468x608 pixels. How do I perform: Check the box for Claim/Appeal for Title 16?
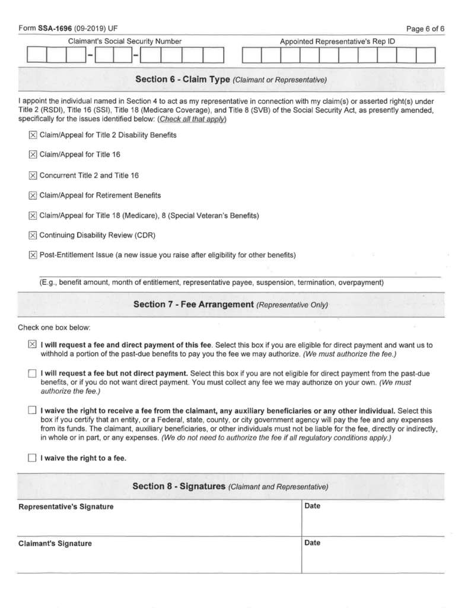(x=33, y=155)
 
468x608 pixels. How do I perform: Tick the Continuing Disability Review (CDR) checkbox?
(x=33, y=235)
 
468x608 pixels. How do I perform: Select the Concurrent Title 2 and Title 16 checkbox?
(x=33, y=175)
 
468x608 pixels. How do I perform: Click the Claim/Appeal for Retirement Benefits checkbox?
(x=33, y=195)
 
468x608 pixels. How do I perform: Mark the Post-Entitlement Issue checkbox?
(x=33, y=255)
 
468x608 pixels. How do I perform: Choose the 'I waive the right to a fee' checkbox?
(x=32, y=458)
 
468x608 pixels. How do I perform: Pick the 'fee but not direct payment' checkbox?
(x=32, y=373)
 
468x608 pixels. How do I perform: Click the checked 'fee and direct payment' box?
(x=32, y=345)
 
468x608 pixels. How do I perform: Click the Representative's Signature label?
(x=66, y=507)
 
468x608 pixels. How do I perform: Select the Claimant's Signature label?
(x=55, y=543)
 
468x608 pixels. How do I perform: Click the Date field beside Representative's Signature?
(x=372, y=520)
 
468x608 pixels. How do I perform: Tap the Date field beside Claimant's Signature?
(x=372, y=557)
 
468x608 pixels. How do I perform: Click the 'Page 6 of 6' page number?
(x=426, y=28)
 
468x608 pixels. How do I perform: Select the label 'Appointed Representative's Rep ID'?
(x=338, y=42)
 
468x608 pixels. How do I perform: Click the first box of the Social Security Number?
(x=37, y=56)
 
